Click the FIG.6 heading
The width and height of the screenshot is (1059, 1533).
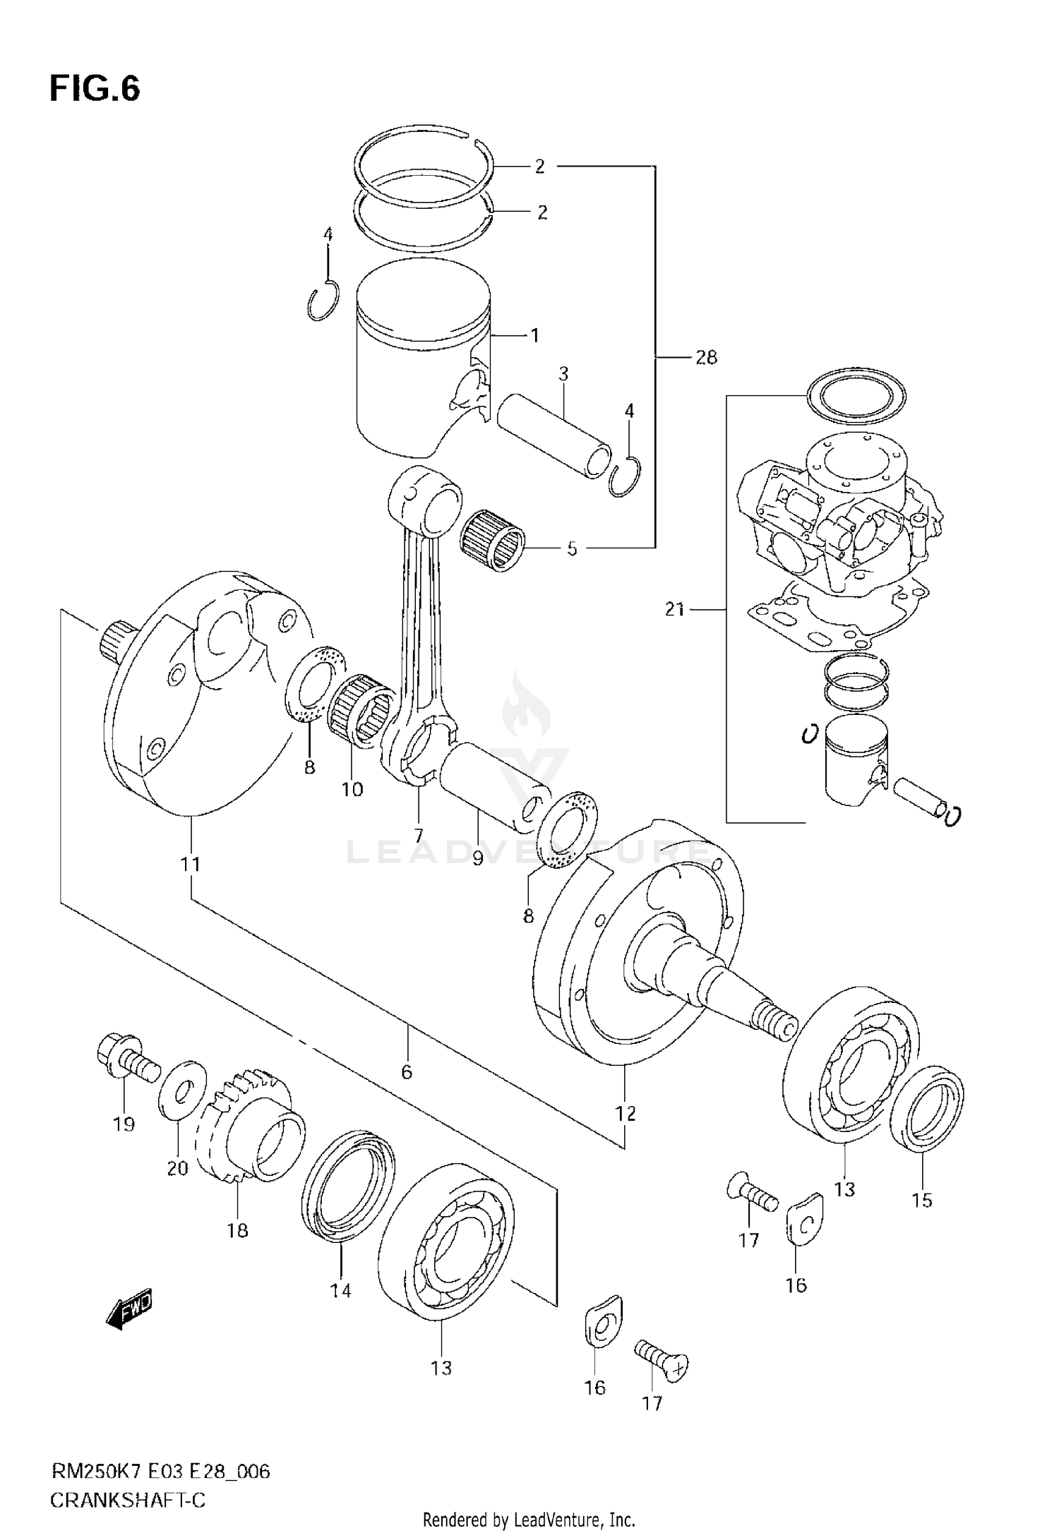(95, 90)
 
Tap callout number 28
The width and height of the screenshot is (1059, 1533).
(705, 358)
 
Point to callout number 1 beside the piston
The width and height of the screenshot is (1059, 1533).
(534, 335)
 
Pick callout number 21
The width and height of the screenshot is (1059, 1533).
(674, 608)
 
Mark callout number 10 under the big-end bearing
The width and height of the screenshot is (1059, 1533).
(352, 789)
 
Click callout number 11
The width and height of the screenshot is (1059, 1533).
(190, 863)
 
